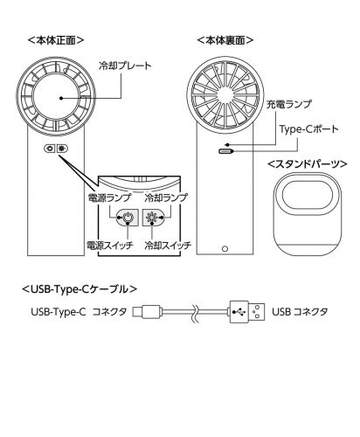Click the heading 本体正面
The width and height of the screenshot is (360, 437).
(56, 40)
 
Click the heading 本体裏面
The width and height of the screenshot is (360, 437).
(225, 40)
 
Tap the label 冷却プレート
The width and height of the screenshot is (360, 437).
(125, 66)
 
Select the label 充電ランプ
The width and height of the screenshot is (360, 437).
(289, 104)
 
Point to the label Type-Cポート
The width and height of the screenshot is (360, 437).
(309, 128)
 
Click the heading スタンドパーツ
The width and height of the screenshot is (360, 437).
(308, 164)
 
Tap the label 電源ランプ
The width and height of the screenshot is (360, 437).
(109, 198)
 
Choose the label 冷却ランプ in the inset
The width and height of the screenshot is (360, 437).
(166, 198)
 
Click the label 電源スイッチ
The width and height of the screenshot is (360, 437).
(110, 245)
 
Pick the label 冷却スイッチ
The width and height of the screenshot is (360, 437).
(168, 245)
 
